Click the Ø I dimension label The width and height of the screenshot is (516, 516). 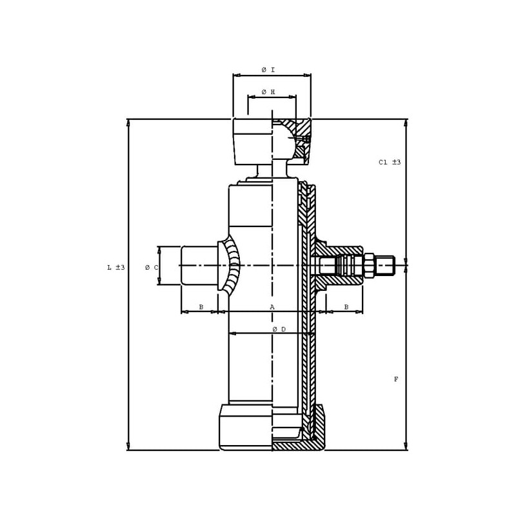click(x=268, y=70)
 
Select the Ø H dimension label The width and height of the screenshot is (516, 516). click(x=268, y=92)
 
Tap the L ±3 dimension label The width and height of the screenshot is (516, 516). click(x=116, y=267)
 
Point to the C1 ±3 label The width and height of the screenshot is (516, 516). click(x=390, y=163)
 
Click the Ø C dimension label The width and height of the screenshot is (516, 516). click(x=152, y=268)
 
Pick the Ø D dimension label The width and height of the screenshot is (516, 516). click(x=279, y=329)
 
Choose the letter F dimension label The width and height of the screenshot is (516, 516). click(x=396, y=379)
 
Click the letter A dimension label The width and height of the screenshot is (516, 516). click(x=272, y=307)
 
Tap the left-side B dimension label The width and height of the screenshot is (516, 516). click(x=201, y=307)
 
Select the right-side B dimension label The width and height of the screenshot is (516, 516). click(x=346, y=307)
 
